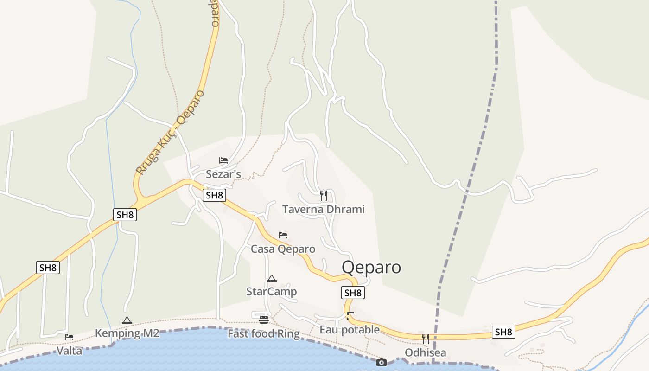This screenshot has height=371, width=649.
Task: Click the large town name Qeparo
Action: point(371,268)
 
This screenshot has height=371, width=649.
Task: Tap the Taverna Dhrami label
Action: point(323,209)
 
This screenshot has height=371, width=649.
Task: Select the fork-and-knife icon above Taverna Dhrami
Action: point(324,196)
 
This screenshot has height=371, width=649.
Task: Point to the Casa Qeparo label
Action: point(283,249)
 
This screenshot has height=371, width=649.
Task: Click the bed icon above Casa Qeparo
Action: point(283,235)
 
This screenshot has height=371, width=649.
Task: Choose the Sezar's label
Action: point(223,174)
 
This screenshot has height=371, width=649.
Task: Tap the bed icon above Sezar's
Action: point(223,160)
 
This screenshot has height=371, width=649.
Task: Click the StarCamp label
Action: point(271,292)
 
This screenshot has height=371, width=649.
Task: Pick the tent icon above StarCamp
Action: point(272,278)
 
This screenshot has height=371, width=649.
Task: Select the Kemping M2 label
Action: point(127,333)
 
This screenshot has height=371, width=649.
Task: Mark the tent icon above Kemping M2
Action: point(127,320)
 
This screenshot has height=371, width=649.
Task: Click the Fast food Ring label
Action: point(263,333)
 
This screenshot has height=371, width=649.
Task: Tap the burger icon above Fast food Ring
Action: point(264,320)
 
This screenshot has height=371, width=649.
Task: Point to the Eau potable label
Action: point(350,330)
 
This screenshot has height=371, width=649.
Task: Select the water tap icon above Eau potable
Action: point(350,316)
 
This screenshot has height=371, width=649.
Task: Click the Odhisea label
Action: point(425,353)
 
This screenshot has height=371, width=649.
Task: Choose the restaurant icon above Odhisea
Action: point(425,339)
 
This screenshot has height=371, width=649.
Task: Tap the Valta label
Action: point(69,351)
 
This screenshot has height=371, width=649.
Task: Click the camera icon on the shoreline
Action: point(382,362)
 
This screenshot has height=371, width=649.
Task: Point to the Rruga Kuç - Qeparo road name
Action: point(171,132)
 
